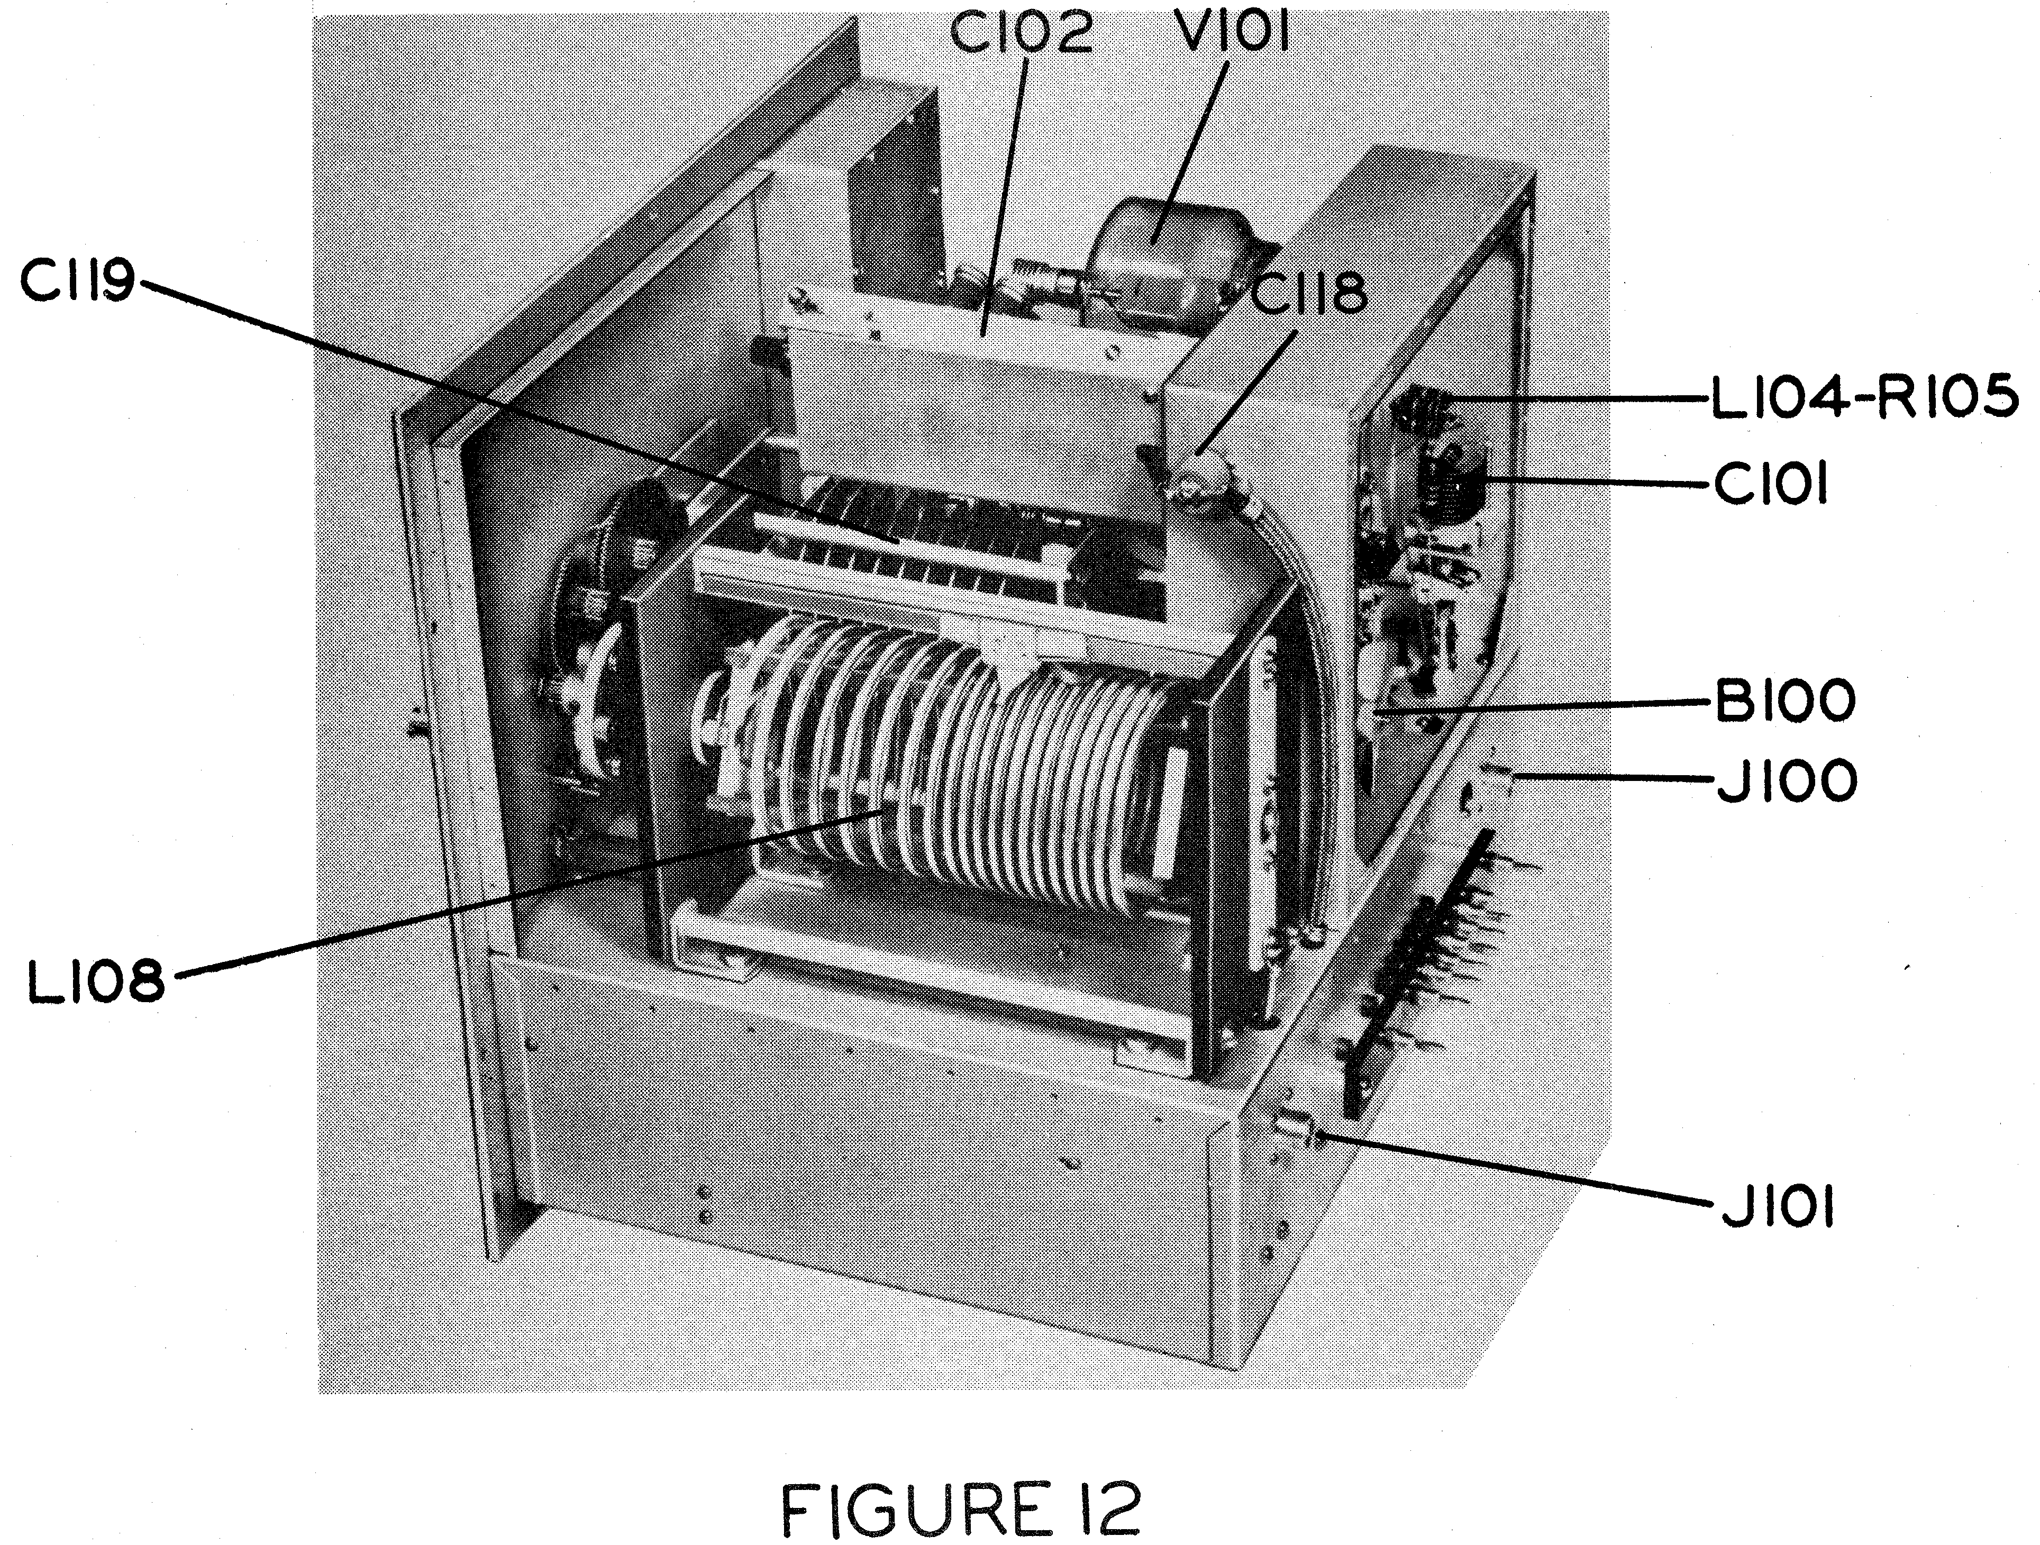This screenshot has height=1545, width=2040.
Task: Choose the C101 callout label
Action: point(1771,485)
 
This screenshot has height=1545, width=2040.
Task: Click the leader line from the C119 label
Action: point(516,411)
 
